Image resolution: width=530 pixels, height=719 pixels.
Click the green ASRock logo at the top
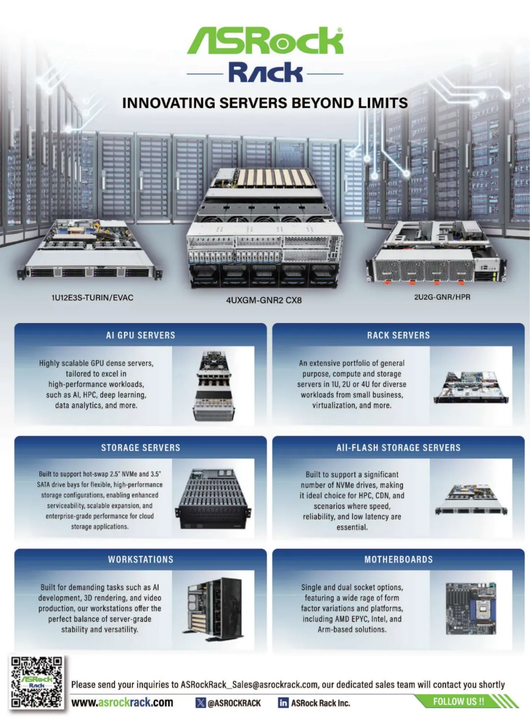[x=265, y=40]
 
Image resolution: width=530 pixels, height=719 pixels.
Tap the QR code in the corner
[x=37, y=682]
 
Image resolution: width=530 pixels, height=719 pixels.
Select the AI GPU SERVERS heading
[x=140, y=335]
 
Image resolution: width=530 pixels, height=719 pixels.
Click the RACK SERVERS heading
[x=398, y=335]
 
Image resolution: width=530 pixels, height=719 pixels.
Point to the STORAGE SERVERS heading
[x=140, y=448]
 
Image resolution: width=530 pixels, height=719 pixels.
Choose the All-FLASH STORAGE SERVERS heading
[x=398, y=448]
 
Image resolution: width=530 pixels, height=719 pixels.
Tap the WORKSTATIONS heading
[x=140, y=559]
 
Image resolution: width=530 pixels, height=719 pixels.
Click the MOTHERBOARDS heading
[x=398, y=559]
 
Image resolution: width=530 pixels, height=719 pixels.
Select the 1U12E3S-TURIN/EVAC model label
[x=92, y=297]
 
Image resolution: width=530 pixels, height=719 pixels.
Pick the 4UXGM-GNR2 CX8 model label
[x=264, y=300]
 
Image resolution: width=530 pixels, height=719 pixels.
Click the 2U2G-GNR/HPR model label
[x=442, y=297]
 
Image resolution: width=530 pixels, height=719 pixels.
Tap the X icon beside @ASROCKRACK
[x=200, y=703]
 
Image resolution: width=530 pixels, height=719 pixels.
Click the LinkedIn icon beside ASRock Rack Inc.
[x=283, y=703]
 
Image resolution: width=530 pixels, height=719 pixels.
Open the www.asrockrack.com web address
[x=122, y=702]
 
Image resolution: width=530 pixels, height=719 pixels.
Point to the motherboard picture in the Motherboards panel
[x=471, y=608]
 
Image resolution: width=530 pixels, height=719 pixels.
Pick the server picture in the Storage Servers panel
[x=214, y=498]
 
